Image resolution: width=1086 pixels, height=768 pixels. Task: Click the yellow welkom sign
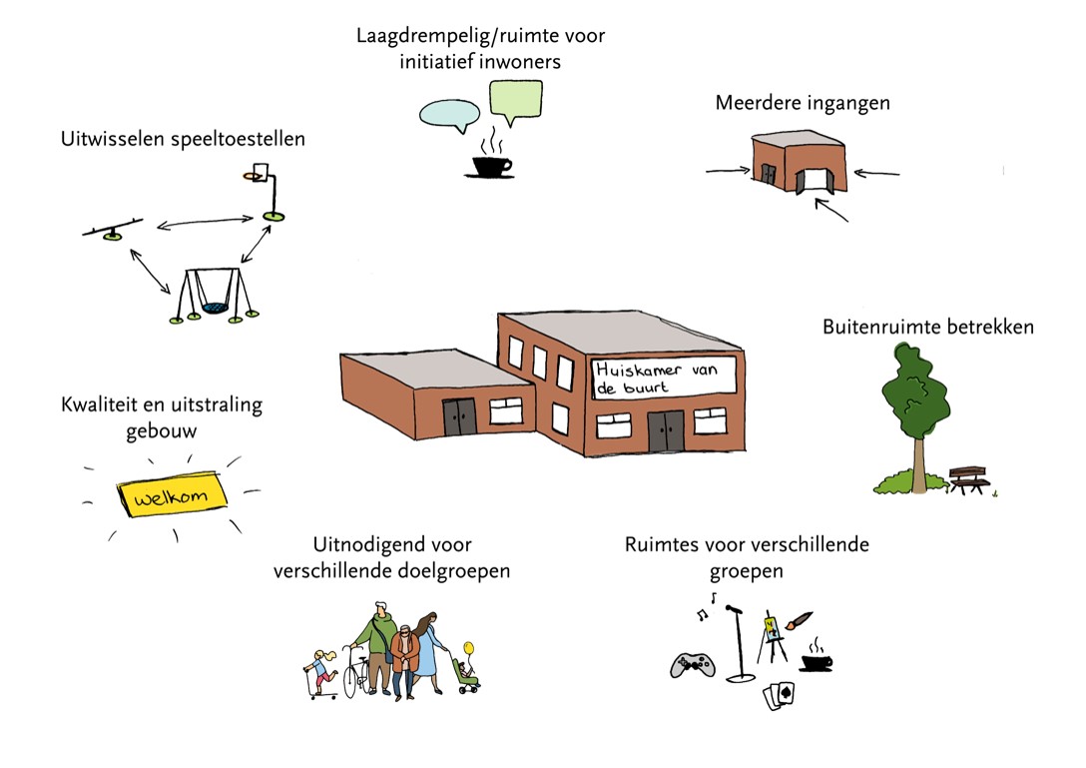[174, 495]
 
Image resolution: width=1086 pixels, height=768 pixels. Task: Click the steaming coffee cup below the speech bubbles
[489, 166]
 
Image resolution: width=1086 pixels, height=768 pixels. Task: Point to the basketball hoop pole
[269, 196]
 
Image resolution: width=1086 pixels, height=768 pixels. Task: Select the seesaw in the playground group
[112, 232]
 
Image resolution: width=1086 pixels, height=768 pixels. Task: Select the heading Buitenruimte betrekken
[928, 327]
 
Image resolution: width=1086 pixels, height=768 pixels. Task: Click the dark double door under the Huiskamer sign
[665, 430]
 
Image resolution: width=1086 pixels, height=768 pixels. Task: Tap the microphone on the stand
[737, 608]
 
